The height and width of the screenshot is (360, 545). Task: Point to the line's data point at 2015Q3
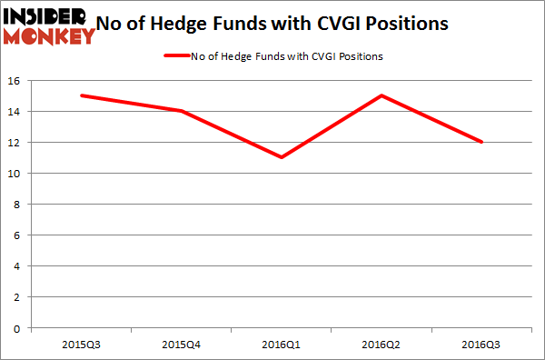pos(83,95)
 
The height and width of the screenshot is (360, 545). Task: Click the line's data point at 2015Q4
pos(183,111)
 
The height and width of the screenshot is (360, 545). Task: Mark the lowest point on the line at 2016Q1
pos(282,157)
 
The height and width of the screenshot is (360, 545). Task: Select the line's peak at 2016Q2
pos(381,95)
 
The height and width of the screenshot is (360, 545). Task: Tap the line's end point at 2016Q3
pos(481,142)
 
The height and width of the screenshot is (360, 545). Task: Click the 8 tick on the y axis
pos(18,205)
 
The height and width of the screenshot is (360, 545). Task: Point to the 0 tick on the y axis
pos(18,328)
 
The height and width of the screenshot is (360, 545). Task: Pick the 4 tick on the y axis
pos(18,266)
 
